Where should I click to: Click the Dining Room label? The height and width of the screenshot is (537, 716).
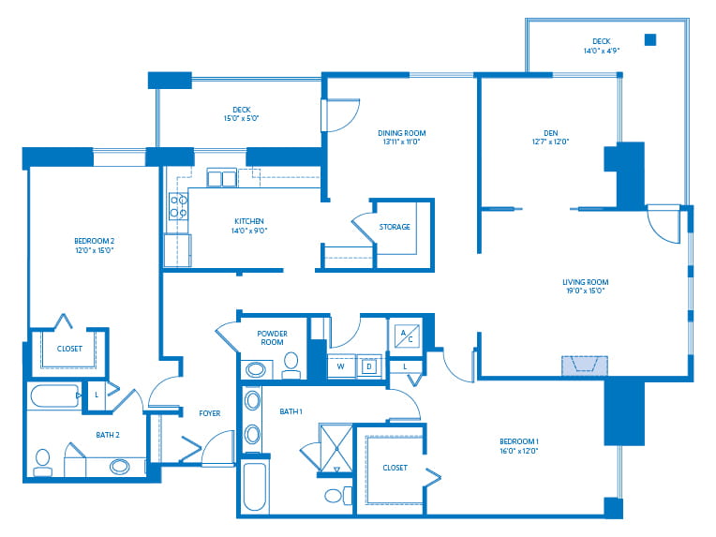pos(401,133)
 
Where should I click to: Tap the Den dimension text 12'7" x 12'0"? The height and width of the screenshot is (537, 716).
pos(550,142)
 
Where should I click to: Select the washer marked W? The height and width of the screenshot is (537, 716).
pos(341,366)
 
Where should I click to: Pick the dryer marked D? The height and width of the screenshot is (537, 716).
pos(369,366)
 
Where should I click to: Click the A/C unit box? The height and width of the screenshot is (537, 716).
pos(407,336)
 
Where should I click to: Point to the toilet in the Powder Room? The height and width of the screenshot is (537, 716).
pos(291,365)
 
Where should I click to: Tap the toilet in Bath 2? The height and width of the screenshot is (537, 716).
pos(42,463)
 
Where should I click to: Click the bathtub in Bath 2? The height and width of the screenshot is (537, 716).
pos(54,395)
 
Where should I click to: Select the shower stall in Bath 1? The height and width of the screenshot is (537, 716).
pos(336,448)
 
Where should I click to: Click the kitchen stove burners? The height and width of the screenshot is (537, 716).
pos(178,206)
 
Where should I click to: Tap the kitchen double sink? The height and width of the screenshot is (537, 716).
pos(221,178)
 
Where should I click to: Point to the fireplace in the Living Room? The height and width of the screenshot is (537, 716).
pos(585,365)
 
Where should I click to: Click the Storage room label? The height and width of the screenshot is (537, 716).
pos(395,227)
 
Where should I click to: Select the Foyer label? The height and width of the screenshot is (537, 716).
pos(210,413)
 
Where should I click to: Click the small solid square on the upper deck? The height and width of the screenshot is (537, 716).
pos(650,39)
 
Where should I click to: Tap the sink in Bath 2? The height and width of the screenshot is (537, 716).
pos(120,467)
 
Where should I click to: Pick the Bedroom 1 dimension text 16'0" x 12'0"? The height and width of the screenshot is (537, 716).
pos(519,451)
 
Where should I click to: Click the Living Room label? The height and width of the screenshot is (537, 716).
pos(585,282)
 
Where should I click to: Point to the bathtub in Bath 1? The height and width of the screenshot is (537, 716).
pos(254,486)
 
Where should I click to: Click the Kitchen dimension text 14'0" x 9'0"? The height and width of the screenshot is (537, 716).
pos(249,231)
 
